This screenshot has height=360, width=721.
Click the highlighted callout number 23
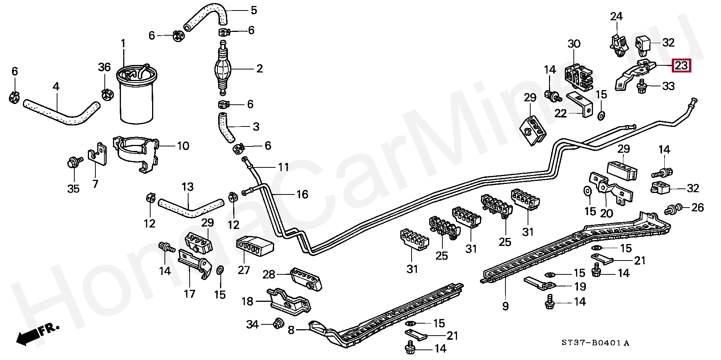click(x=681, y=66)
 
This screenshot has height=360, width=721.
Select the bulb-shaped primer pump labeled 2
click(x=223, y=69)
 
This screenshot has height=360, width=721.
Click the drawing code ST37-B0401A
click(x=595, y=343)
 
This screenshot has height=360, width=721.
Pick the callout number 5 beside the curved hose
click(x=254, y=10)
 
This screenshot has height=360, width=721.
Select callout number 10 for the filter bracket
click(x=183, y=146)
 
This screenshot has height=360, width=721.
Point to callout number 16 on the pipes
click(x=302, y=194)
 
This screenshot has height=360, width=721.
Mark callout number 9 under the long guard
click(x=505, y=306)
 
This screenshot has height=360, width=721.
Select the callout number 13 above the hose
click(x=187, y=187)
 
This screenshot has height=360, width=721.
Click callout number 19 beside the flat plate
click(x=580, y=287)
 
